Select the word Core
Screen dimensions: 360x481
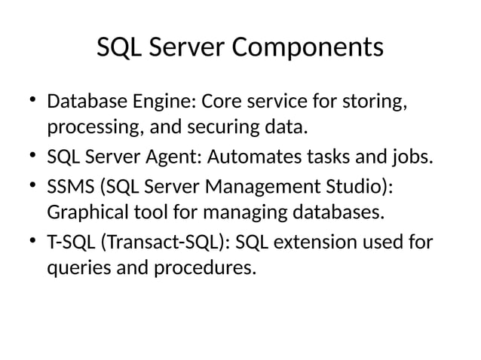226,101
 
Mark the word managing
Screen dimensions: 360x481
239,213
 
